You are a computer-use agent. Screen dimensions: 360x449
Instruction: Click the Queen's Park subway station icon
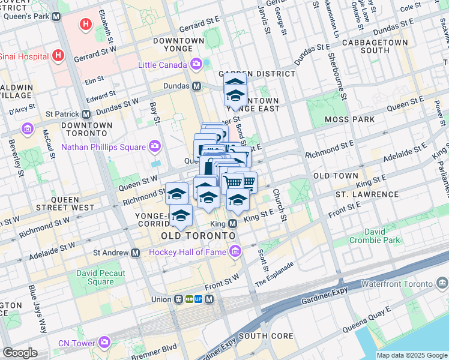click(56, 17)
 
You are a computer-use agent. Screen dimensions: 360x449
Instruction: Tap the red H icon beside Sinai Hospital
click(58, 56)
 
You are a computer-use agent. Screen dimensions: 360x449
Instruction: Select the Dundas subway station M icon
click(196, 86)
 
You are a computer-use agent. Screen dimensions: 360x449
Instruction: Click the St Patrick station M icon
click(86, 114)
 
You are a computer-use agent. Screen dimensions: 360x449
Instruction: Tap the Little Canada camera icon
click(196, 64)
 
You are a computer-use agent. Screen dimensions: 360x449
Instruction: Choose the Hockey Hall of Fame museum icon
click(235, 251)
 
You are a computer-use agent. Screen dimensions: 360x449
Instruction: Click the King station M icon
click(233, 223)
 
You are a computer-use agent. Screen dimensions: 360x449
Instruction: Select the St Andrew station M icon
click(135, 253)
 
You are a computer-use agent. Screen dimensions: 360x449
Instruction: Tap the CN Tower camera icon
click(105, 343)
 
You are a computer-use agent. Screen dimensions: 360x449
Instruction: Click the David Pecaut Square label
click(95, 277)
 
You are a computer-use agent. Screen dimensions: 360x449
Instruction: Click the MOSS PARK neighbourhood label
click(350, 119)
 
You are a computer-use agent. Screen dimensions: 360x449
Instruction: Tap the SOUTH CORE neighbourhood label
click(266, 336)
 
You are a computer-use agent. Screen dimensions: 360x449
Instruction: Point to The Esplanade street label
click(274, 274)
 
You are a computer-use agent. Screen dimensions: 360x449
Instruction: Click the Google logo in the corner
click(20, 353)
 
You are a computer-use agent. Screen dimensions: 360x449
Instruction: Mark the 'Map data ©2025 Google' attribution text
click(412, 355)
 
